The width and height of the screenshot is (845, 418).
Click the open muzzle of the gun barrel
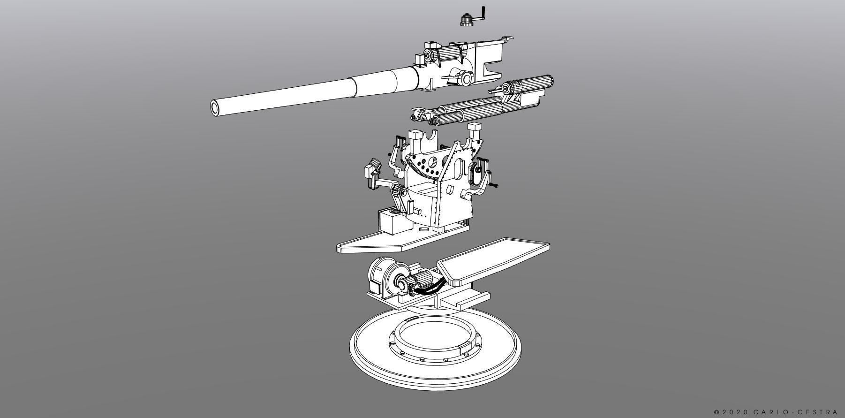(216, 107)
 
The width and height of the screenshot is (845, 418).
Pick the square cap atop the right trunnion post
(475, 127)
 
